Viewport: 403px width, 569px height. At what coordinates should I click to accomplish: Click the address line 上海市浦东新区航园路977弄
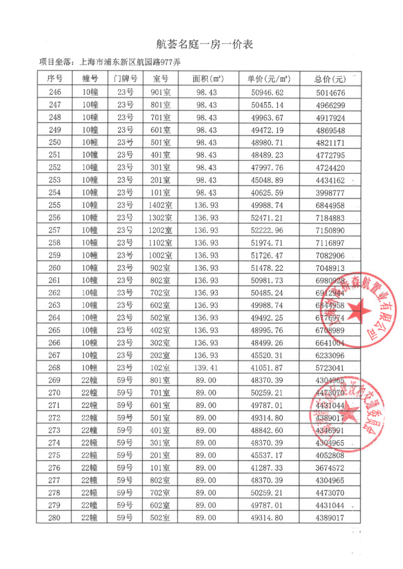[130, 61]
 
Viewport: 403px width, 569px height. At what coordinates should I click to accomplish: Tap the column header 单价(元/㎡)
[269, 79]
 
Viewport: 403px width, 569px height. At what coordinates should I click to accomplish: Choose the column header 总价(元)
[330, 79]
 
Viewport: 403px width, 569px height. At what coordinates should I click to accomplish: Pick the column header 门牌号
[125, 79]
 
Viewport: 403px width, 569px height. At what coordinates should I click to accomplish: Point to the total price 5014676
[330, 92]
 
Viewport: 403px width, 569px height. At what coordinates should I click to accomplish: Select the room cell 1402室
[160, 205]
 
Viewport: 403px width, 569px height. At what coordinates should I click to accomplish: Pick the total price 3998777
[330, 193]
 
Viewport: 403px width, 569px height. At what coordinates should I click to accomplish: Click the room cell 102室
[160, 368]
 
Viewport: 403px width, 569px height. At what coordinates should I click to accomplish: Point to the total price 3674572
[330, 468]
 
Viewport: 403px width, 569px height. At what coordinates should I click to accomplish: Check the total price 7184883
[330, 218]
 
